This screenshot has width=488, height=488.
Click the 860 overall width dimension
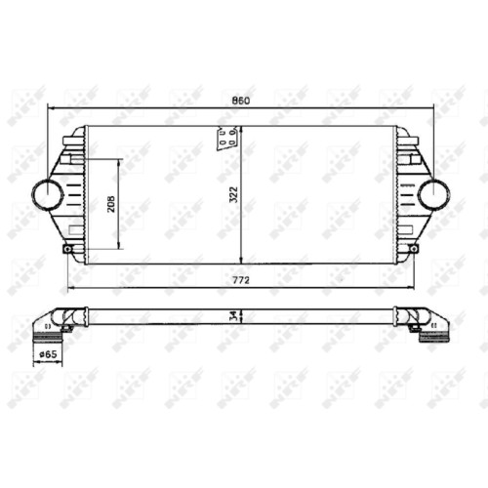click(241, 101)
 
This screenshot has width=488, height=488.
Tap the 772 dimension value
click(241, 280)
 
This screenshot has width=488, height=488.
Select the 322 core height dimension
click(233, 194)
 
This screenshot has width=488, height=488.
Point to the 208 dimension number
click(111, 204)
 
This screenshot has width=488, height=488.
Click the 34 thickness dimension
click(234, 316)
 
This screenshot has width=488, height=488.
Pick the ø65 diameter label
click(48, 354)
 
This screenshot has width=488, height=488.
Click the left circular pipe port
click(48, 194)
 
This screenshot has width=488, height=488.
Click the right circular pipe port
click(434, 194)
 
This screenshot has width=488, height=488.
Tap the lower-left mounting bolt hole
click(67, 249)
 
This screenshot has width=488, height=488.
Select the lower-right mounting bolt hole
click(414, 249)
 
